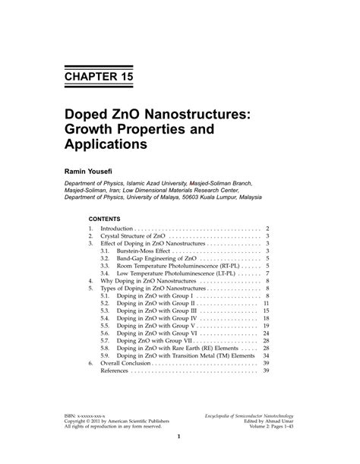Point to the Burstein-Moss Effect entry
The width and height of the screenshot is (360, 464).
[x=145, y=250]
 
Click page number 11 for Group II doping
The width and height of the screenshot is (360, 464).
[x=267, y=303]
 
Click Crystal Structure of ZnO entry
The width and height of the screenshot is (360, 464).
[x=132, y=237]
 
